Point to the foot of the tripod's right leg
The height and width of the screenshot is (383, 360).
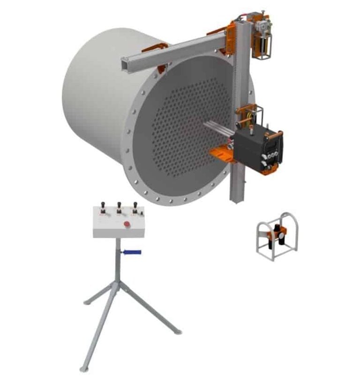[x=178, y=332]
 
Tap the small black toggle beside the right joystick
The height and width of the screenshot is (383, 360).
[x=141, y=213]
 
